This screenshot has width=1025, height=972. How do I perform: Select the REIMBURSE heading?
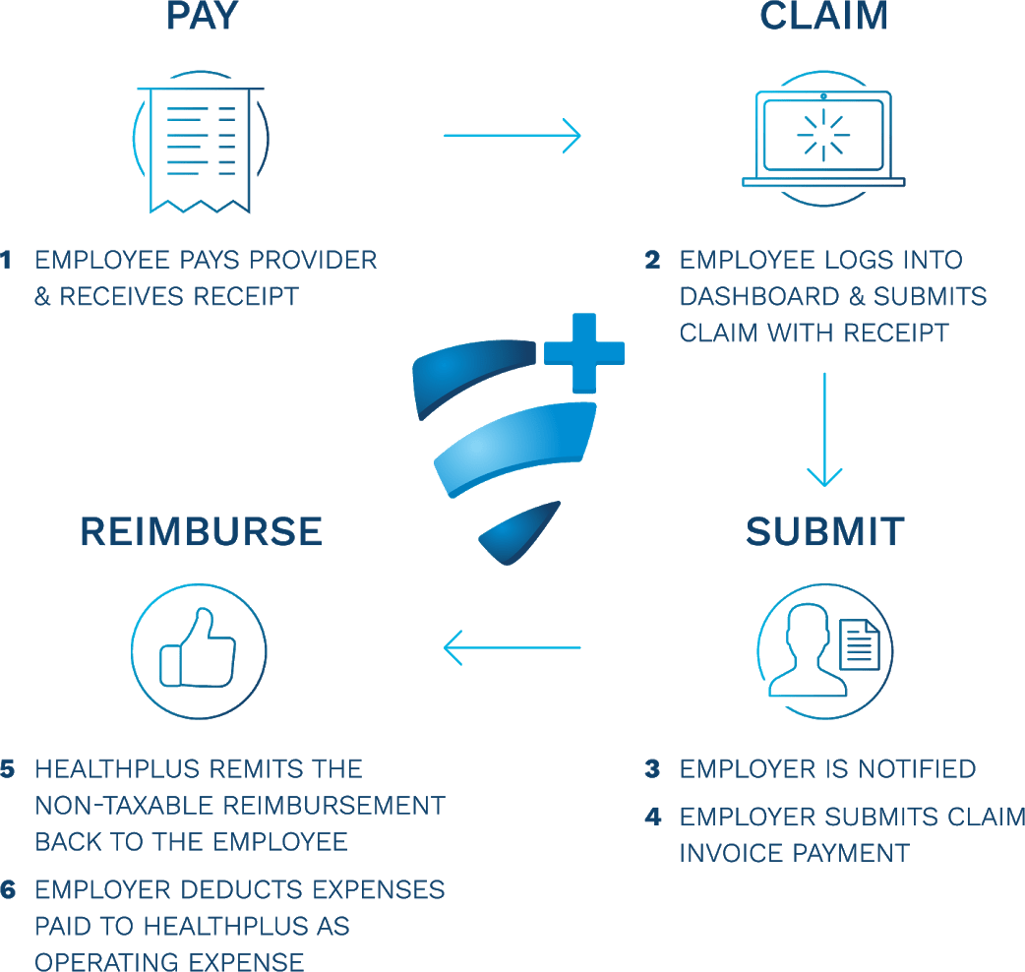pyautogui.click(x=201, y=531)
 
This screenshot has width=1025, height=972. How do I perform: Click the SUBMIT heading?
pyautogui.click(x=824, y=531)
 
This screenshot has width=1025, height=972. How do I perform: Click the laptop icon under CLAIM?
pyautogui.click(x=823, y=138)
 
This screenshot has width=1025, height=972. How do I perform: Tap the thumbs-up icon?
pyautogui.click(x=200, y=649)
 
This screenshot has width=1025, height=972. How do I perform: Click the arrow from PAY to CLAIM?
pyautogui.click(x=512, y=135)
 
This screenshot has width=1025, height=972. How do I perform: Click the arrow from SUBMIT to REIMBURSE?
pyautogui.click(x=512, y=648)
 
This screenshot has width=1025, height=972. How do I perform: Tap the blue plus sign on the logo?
pyautogui.click(x=584, y=350)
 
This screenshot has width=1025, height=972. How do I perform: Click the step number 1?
pyautogui.click(x=7, y=261)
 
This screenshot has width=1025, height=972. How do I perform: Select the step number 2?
pyautogui.click(x=652, y=261)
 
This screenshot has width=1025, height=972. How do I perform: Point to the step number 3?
pyautogui.click(x=652, y=768)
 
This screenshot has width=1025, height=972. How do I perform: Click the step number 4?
pyautogui.click(x=652, y=816)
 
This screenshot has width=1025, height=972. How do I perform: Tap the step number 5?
pyautogui.click(x=8, y=768)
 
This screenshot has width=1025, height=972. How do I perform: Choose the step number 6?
pyautogui.click(x=8, y=890)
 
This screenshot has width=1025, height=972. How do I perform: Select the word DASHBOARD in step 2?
pyautogui.click(x=755, y=296)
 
